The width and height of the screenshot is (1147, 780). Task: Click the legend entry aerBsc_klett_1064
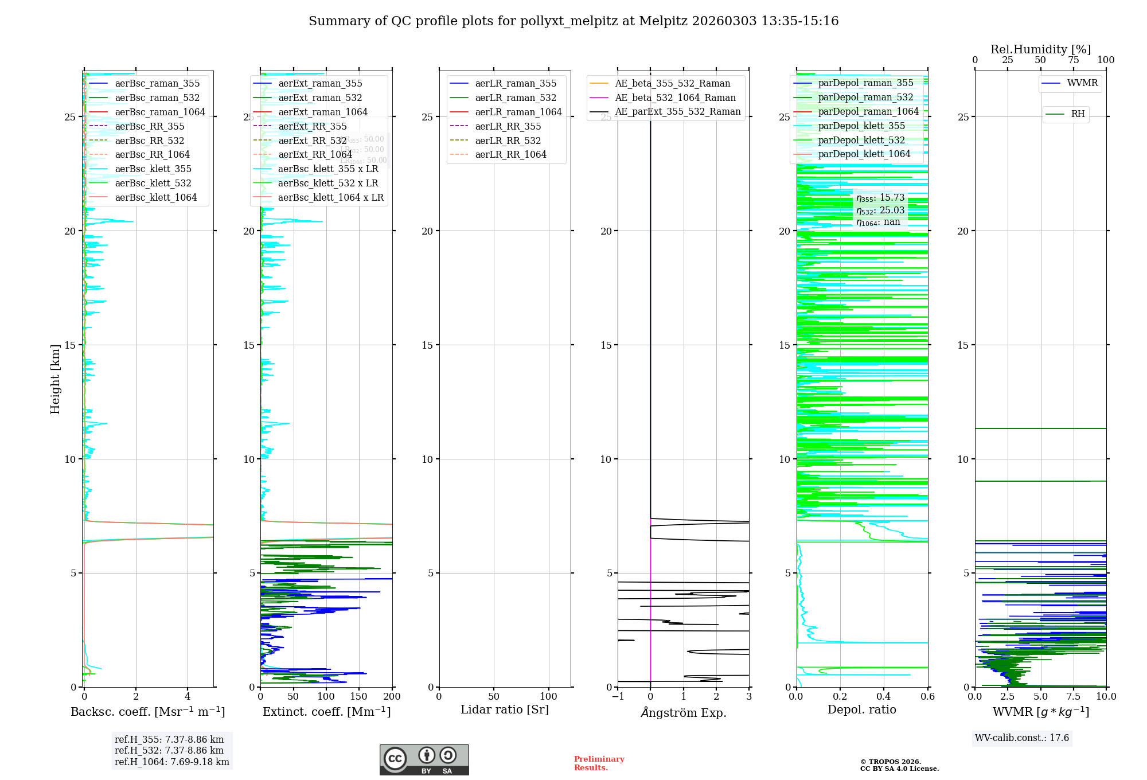point(155,197)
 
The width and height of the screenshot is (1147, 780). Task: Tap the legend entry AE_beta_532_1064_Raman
point(675,97)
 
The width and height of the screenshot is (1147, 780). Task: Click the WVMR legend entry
point(1082,83)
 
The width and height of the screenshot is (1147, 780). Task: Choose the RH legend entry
point(1078,114)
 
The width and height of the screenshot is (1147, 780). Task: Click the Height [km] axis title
point(55,379)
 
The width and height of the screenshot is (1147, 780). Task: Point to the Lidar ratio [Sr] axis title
point(505,709)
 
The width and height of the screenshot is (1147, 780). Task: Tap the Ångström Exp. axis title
point(683,712)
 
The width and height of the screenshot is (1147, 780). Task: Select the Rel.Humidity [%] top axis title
point(1040,49)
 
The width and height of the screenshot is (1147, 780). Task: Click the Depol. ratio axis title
point(861,709)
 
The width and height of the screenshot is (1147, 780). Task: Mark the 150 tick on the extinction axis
point(359,696)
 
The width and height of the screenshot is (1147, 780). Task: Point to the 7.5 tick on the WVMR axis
point(1073,696)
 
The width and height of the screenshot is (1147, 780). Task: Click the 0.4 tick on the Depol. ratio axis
point(884,696)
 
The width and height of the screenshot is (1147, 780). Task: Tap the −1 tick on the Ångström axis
point(618,696)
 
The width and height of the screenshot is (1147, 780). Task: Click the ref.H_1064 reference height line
point(171,762)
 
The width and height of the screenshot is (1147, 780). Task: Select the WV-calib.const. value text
point(1022,738)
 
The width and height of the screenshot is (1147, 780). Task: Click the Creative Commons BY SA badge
point(424,759)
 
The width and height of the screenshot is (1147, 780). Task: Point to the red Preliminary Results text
point(599,763)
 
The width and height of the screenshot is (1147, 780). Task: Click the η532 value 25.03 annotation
point(880,210)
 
